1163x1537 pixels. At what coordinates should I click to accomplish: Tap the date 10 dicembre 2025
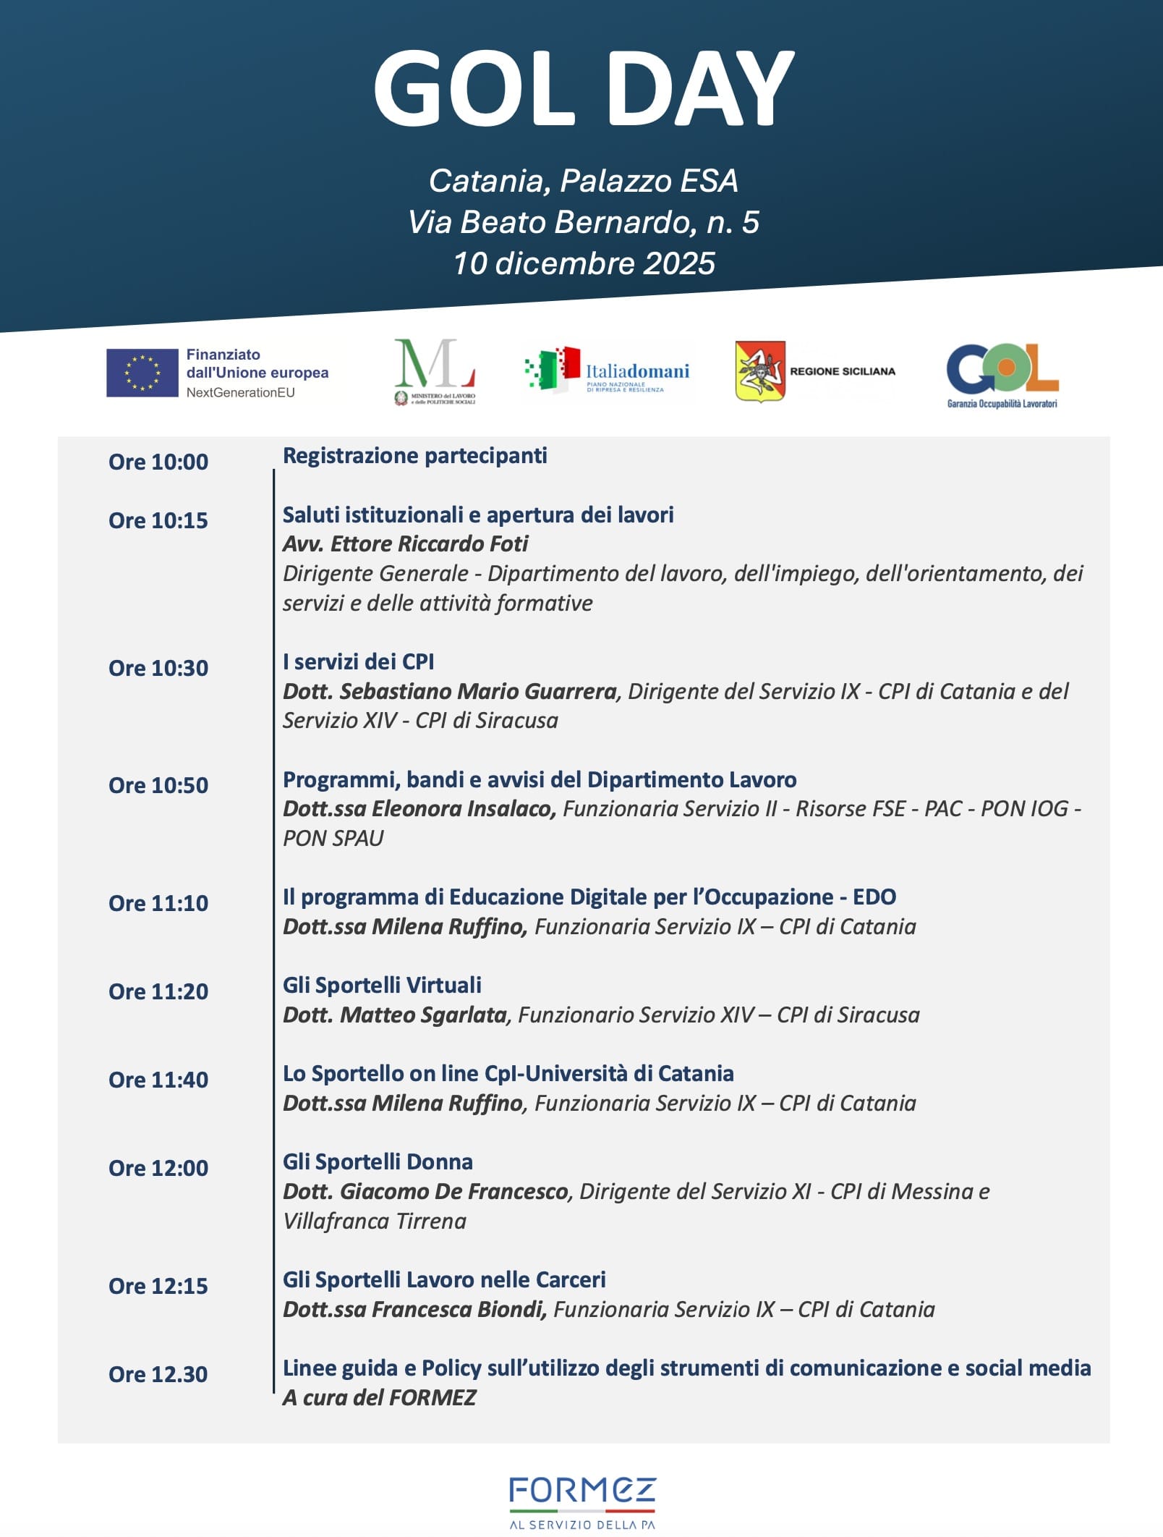(584, 263)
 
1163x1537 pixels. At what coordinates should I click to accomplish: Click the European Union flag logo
(142, 373)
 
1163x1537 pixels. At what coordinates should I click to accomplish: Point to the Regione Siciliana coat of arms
(759, 371)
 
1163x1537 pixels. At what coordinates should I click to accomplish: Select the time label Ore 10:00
(158, 462)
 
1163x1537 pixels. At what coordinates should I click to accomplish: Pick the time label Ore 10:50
(158, 785)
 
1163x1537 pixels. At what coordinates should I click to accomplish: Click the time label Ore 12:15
(158, 1286)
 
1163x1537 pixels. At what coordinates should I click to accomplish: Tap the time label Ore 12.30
(158, 1374)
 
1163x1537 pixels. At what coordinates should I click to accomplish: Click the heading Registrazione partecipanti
(414, 456)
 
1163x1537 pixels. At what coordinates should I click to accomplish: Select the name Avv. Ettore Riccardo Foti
(405, 543)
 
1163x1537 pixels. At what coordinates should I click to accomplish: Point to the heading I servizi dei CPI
(358, 661)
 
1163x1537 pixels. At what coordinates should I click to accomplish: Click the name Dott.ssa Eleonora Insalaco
(419, 808)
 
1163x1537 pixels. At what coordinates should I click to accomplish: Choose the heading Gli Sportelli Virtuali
(382, 985)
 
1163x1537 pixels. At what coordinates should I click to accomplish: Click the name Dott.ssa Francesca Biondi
(414, 1309)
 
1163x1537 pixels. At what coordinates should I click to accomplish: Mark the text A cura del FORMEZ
(379, 1397)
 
